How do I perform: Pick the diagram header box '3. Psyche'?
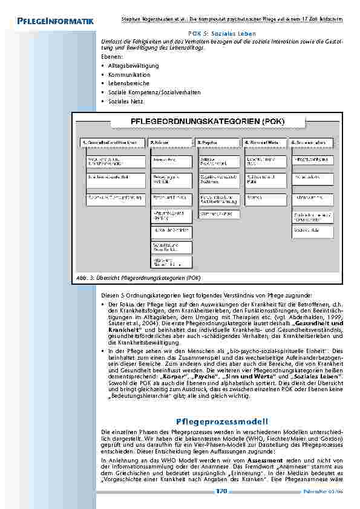tap(219, 143)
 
